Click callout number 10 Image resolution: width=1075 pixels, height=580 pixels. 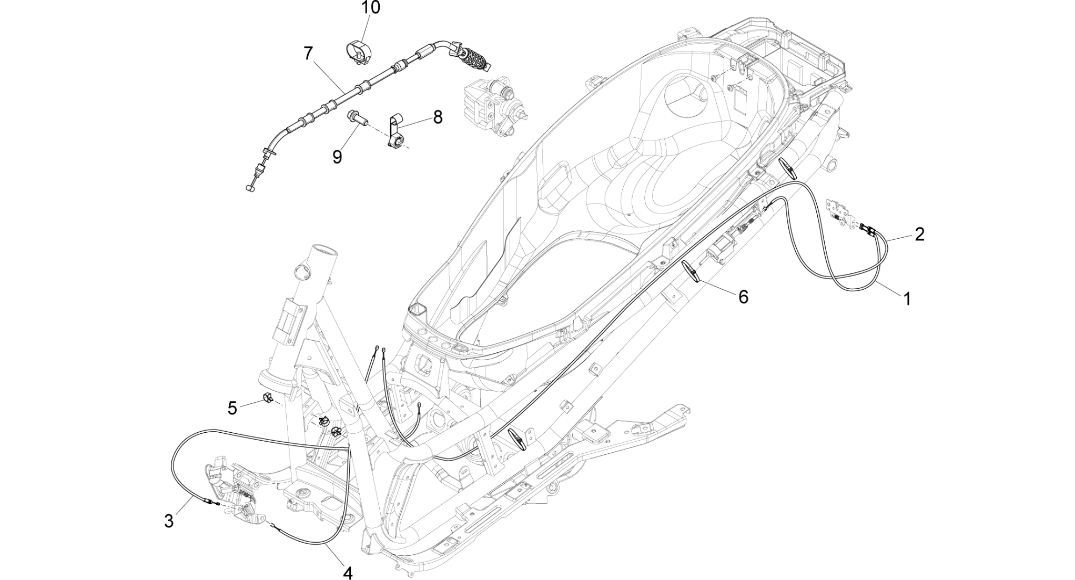[x=370, y=8]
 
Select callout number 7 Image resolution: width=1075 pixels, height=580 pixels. [x=308, y=53]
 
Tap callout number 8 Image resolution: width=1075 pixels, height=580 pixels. [x=438, y=117]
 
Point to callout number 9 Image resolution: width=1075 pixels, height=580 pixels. [x=337, y=157]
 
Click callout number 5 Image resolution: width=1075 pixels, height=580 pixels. [x=232, y=408]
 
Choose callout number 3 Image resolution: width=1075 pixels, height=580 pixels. [x=168, y=521]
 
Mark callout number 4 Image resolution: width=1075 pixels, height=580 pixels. [x=347, y=573]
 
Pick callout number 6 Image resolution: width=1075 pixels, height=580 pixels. [x=743, y=297]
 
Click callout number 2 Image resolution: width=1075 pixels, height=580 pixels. [x=919, y=234]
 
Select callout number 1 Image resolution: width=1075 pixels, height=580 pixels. [x=907, y=299]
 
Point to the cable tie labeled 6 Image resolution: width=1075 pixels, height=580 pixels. [x=692, y=271]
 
